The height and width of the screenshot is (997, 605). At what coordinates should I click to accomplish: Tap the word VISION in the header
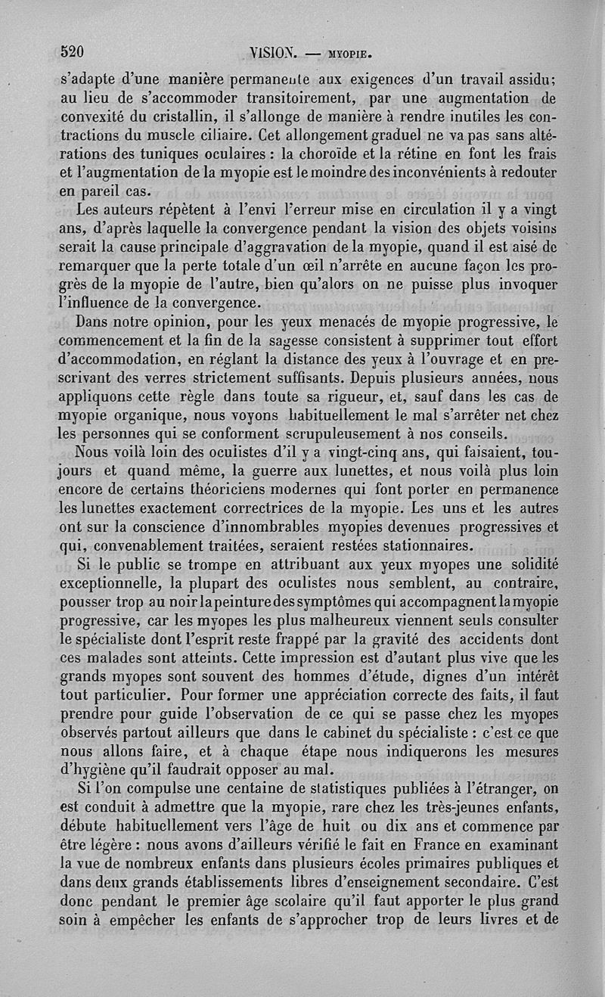(275, 54)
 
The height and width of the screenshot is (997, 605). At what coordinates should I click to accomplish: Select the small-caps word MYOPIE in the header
(351, 54)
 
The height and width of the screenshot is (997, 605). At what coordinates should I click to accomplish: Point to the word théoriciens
(213, 490)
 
